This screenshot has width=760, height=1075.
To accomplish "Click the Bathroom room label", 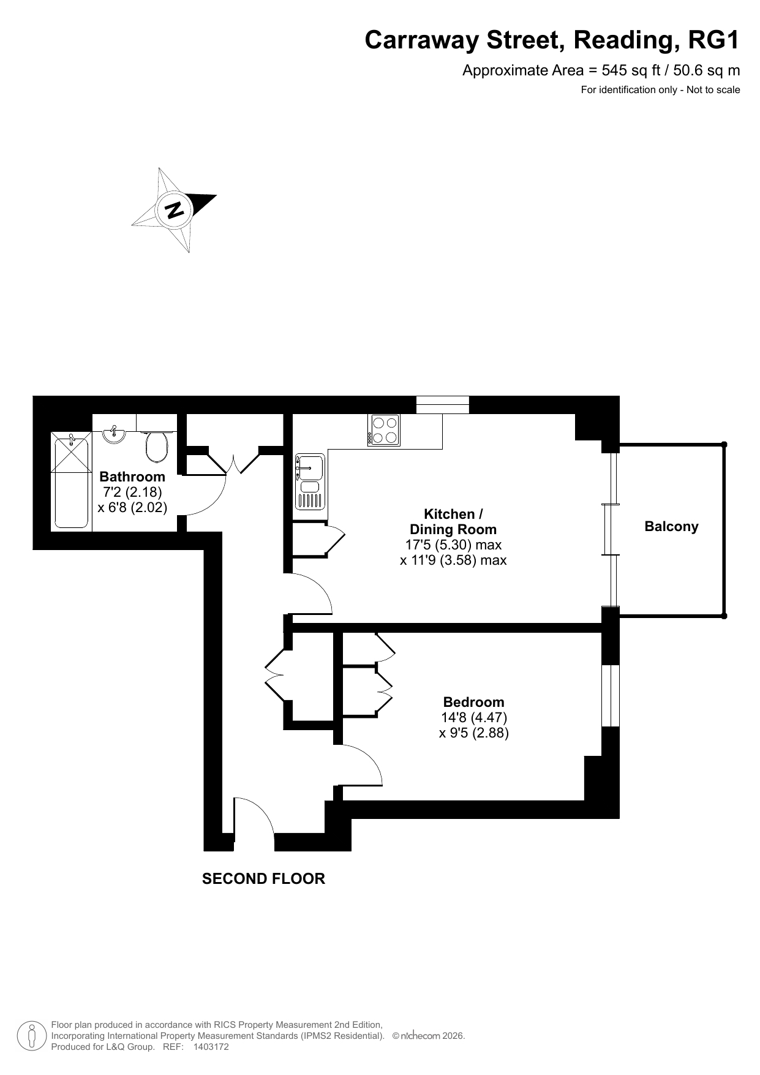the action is pos(132,477).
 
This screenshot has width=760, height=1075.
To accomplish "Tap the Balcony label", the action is pos(671,527).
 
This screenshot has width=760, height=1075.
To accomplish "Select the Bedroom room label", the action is pos(474,702).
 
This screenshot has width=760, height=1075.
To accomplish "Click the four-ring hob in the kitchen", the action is pos(384,429).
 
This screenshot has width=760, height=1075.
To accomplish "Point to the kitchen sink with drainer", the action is pos(310,482).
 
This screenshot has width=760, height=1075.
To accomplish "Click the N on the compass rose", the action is pos(175,209).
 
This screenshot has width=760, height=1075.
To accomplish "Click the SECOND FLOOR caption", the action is pos(263,879).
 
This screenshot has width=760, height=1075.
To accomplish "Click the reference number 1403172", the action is pos(211,1047).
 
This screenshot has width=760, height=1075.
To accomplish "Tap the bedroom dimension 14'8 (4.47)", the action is pos(474,717).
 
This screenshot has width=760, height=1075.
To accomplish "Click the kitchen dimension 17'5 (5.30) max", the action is pos(454,545).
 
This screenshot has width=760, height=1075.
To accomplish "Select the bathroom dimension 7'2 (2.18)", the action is pos(132,492).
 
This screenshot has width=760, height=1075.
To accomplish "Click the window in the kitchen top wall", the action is pos(443,405).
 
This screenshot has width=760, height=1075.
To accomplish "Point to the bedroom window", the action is pos(611,696).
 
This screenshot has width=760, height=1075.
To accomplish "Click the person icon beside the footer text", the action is pos(32,1036).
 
